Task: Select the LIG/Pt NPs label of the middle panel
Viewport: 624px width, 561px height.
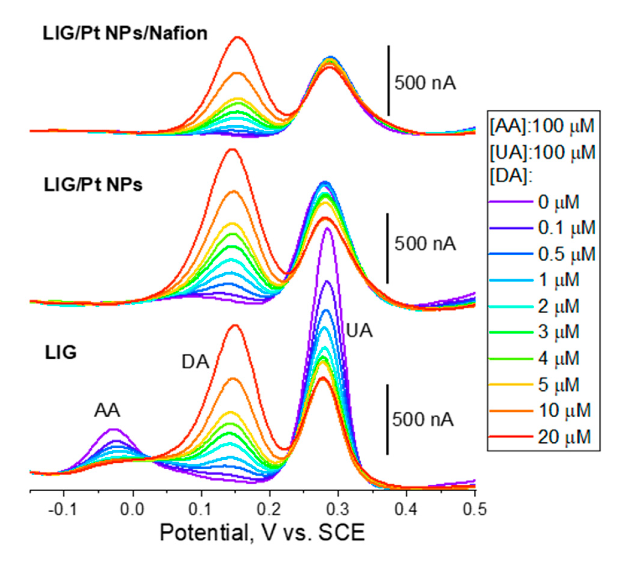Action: (x=93, y=185)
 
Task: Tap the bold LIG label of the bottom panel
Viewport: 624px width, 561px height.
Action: (x=61, y=352)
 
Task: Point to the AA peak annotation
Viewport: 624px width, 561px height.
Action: (x=107, y=411)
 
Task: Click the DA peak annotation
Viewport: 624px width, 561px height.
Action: (x=195, y=362)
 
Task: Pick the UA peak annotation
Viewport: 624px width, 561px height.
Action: (x=359, y=331)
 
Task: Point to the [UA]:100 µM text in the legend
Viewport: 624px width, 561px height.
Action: (x=542, y=152)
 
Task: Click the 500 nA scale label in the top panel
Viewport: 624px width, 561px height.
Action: (x=425, y=83)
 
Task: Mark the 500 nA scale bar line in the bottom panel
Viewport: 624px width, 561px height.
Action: (x=388, y=419)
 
